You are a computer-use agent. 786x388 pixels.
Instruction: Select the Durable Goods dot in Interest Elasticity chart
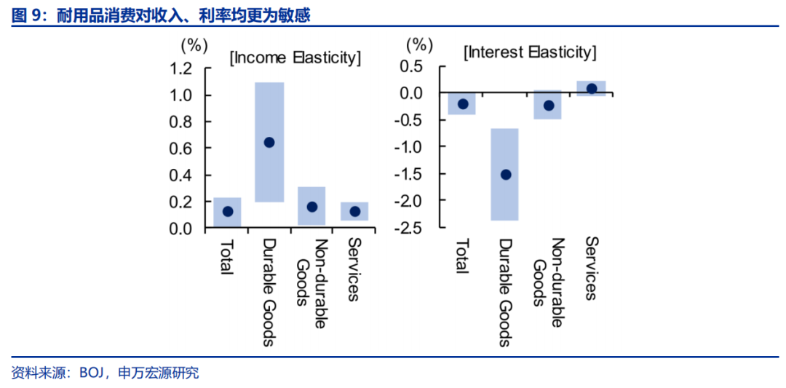pos(505,175)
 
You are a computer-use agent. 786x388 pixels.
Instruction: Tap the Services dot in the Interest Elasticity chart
pos(592,89)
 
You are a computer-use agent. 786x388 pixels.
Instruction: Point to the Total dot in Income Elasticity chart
pos(227,212)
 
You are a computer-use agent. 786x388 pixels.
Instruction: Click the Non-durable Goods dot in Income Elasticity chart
pos(311,207)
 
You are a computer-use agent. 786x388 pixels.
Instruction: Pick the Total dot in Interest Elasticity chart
pos(462,104)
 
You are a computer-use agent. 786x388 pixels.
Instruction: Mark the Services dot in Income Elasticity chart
pos(354,212)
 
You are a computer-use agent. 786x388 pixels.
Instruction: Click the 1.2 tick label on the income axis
pos(181,69)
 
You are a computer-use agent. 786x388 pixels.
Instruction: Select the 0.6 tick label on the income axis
pos(181,149)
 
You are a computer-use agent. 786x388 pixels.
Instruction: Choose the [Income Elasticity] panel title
pos(295,58)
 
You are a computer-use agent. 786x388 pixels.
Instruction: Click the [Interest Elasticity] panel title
pos(530,52)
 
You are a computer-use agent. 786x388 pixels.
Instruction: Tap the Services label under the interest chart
pos(591,268)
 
